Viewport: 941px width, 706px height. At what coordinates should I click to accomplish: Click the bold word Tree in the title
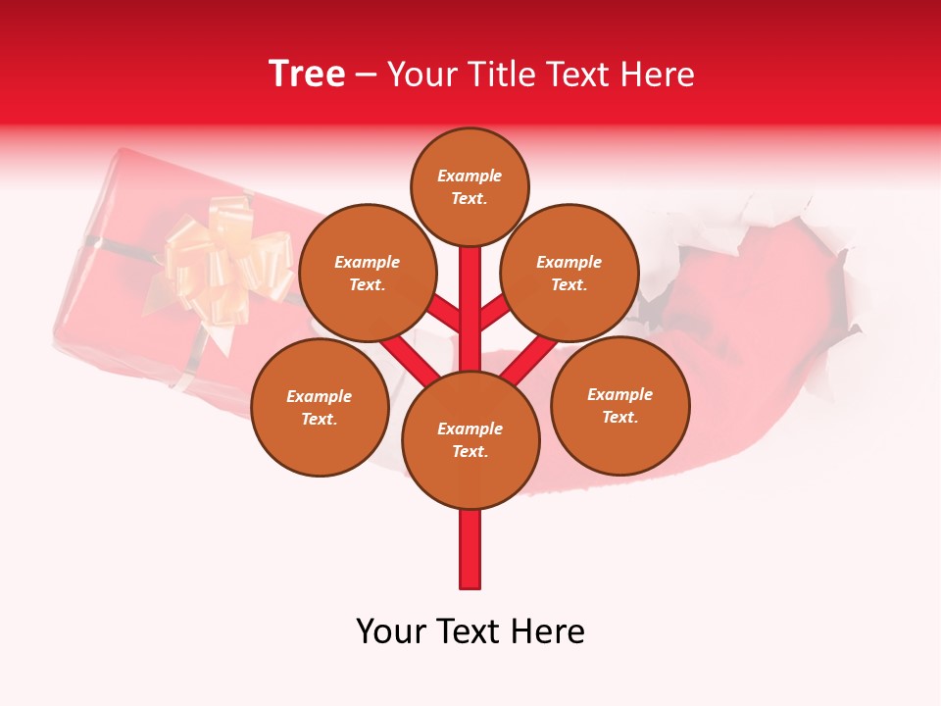[307, 75]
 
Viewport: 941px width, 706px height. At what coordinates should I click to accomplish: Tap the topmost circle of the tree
[470, 186]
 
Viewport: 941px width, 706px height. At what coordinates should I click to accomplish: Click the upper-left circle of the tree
[367, 273]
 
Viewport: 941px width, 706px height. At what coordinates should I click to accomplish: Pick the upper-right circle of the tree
[570, 273]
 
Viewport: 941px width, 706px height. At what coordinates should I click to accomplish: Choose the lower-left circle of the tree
[320, 407]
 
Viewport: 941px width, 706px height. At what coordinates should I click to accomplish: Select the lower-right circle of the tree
[619, 405]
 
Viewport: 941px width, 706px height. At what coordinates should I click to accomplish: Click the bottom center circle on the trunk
[470, 439]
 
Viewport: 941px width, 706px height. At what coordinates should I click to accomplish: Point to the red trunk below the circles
[470, 549]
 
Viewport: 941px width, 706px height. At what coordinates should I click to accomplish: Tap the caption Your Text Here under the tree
[470, 631]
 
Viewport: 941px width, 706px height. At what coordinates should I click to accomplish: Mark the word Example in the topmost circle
[470, 176]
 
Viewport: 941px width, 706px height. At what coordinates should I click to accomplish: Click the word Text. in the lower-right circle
[619, 417]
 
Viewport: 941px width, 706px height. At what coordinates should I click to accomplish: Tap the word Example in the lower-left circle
[320, 396]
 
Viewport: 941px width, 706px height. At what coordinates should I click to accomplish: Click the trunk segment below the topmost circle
[470, 294]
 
